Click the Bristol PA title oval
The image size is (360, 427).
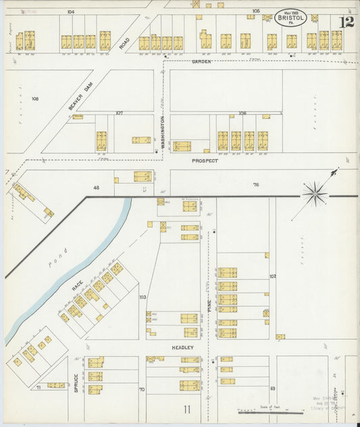[x=290, y=18]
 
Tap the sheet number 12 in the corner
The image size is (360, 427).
[x=346, y=22]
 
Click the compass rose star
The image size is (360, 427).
[x=315, y=194]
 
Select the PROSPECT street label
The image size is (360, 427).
[x=205, y=161]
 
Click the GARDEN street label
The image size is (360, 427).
[x=201, y=61]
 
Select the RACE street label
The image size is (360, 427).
[x=77, y=287]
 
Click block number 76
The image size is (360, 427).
[x=256, y=184]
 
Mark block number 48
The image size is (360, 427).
[x=96, y=187]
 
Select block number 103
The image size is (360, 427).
[x=143, y=297]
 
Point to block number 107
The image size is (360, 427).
[x=119, y=113]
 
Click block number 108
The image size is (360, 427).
[x=34, y=99]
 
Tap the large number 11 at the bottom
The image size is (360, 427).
[x=186, y=409]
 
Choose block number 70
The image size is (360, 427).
[x=142, y=389]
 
